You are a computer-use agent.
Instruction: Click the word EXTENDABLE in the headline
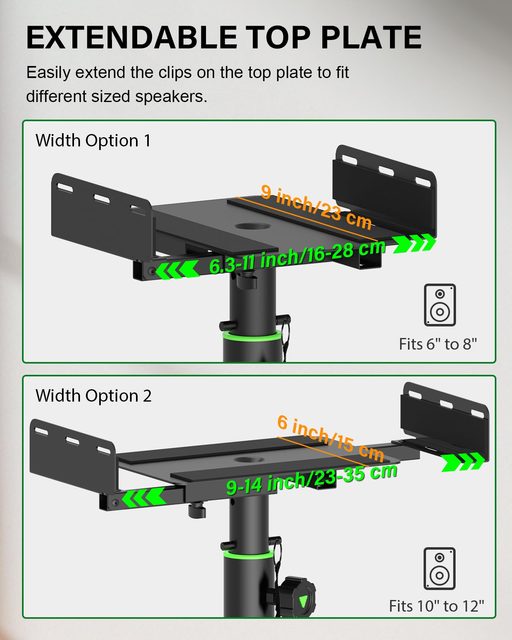132,38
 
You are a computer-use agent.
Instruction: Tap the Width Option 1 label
93,141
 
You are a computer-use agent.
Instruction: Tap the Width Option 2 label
94,396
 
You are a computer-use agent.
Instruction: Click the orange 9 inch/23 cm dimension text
316,208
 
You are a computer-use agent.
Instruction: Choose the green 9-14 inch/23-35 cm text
312,478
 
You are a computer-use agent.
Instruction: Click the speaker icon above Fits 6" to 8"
440,305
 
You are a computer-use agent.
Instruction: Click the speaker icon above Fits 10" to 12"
439,568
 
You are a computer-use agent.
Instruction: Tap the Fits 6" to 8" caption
438,344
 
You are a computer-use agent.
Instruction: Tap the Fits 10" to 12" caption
436,606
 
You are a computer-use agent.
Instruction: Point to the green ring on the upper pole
250,335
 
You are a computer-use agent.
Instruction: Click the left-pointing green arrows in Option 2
144,498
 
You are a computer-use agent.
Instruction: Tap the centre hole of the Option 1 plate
252,226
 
